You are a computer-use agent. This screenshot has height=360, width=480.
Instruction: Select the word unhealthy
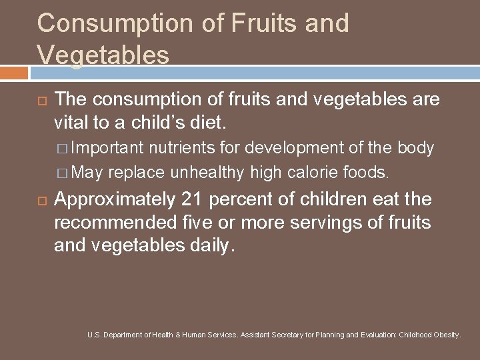coord(207,172)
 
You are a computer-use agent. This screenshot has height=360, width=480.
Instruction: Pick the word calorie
coord(314,172)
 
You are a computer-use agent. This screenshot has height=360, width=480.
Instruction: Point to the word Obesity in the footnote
coord(445,335)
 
